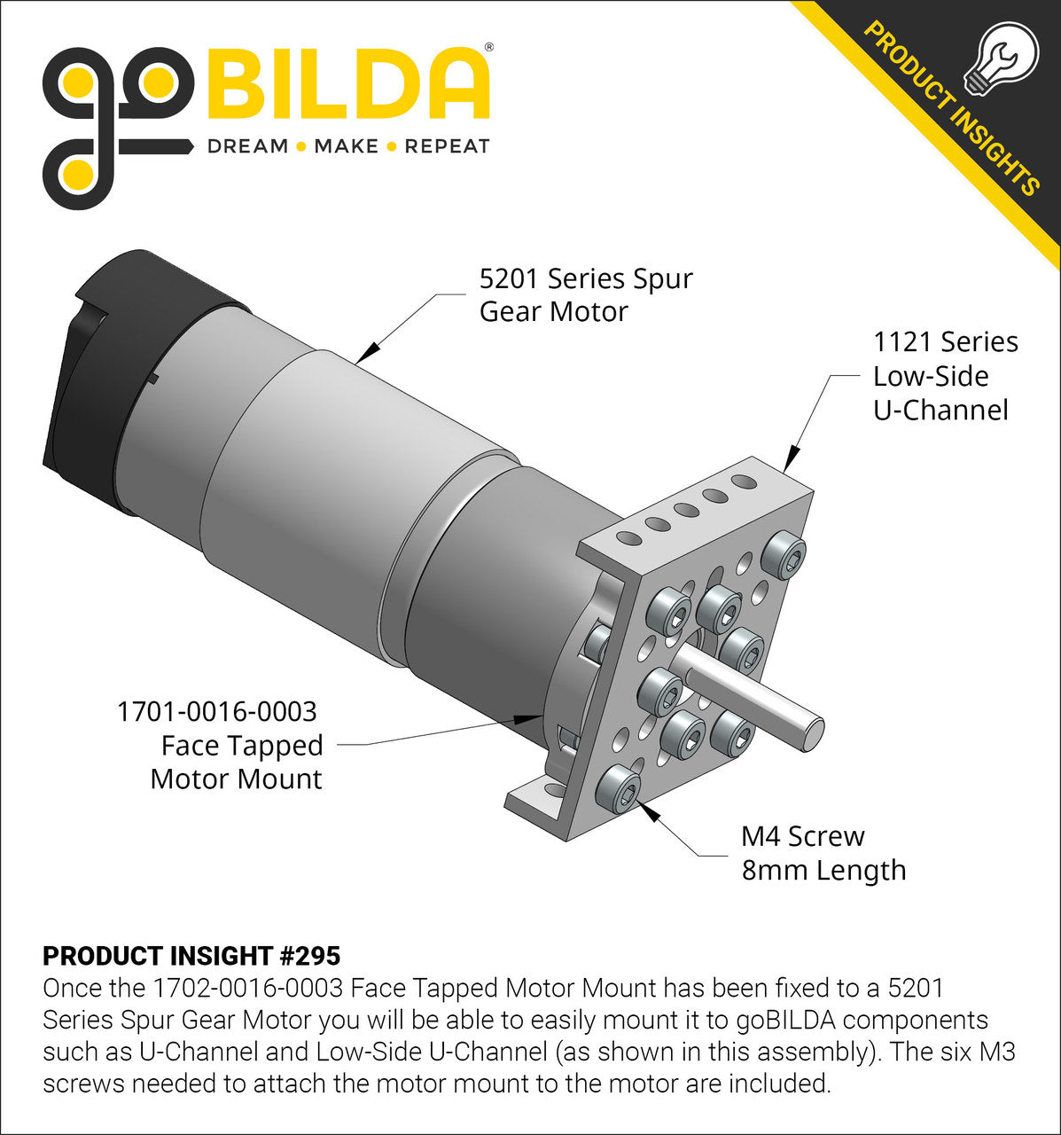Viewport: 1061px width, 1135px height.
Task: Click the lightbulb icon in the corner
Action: [x=1005, y=58]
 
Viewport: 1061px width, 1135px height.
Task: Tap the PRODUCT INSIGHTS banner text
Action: [x=951, y=108]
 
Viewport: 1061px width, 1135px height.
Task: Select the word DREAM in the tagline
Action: [x=247, y=146]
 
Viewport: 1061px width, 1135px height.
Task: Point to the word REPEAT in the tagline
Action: [x=447, y=146]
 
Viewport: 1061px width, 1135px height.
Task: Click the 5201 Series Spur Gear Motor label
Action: [x=585, y=295]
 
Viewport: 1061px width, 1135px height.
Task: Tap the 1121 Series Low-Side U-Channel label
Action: [x=944, y=376]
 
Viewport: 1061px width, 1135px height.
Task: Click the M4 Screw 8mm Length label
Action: [x=823, y=853]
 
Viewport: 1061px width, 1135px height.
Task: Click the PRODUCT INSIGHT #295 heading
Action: [x=191, y=956]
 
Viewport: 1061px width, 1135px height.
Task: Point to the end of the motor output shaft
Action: [x=811, y=735]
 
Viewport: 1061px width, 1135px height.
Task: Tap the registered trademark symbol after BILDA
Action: [x=489, y=47]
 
